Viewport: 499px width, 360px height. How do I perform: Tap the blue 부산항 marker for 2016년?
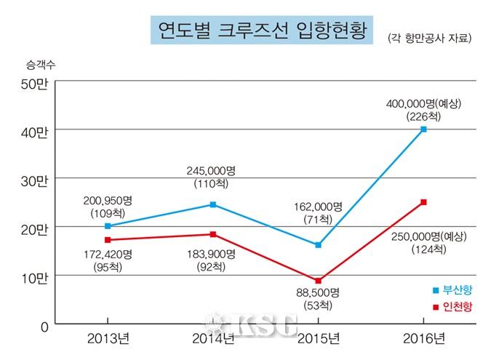[423, 129]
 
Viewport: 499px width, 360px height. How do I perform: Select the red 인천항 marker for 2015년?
[318, 281]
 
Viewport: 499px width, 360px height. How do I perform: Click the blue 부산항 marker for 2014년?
[213, 204]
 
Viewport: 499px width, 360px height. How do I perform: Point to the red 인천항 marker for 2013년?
[108, 239]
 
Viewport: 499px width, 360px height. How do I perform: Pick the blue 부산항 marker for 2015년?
[318, 245]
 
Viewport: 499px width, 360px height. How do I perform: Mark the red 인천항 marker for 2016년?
[423, 202]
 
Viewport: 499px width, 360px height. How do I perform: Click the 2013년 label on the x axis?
[108, 338]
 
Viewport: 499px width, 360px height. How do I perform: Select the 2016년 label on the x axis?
[423, 338]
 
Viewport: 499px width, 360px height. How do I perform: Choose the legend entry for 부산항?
[452, 290]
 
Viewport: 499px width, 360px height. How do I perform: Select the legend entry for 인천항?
[452, 307]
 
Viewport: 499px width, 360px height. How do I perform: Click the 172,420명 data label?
[108, 255]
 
